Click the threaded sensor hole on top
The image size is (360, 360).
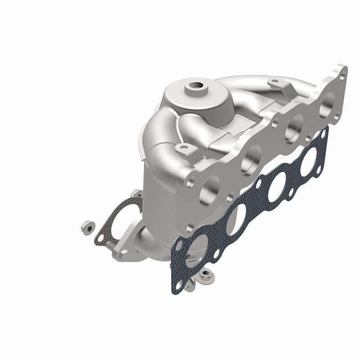point(197,85)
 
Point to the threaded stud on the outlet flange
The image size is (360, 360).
point(110,246)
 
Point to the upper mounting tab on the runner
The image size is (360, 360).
point(275,83)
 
